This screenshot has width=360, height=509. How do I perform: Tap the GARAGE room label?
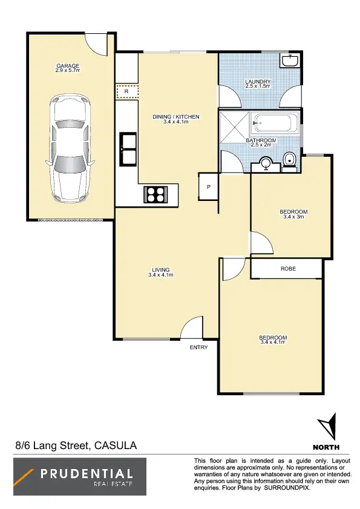pyautogui.click(x=68, y=66)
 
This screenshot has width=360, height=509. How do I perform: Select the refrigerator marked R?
pyautogui.click(x=127, y=92)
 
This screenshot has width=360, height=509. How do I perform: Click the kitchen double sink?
pyautogui.click(x=129, y=148)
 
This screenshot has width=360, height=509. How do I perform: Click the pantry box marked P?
pyautogui.click(x=208, y=186)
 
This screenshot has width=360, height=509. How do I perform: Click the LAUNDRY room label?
pyautogui.click(x=257, y=82)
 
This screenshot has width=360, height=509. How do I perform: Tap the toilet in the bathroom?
pyautogui.click(x=290, y=160)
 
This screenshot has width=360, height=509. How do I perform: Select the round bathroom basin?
pyautogui.click(x=266, y=162)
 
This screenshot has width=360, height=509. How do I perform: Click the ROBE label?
pyautogui.click(x=288, y=268)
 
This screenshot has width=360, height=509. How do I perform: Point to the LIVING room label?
pyautogui.click(x=161, y=270)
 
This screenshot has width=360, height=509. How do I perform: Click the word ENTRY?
pyautogui.click(x=198, y=347)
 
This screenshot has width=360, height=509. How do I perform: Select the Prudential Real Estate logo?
pyautogui.click(x=80, y=476)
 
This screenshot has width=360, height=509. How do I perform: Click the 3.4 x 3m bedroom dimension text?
pyautogui.click(x=293, y=217)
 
